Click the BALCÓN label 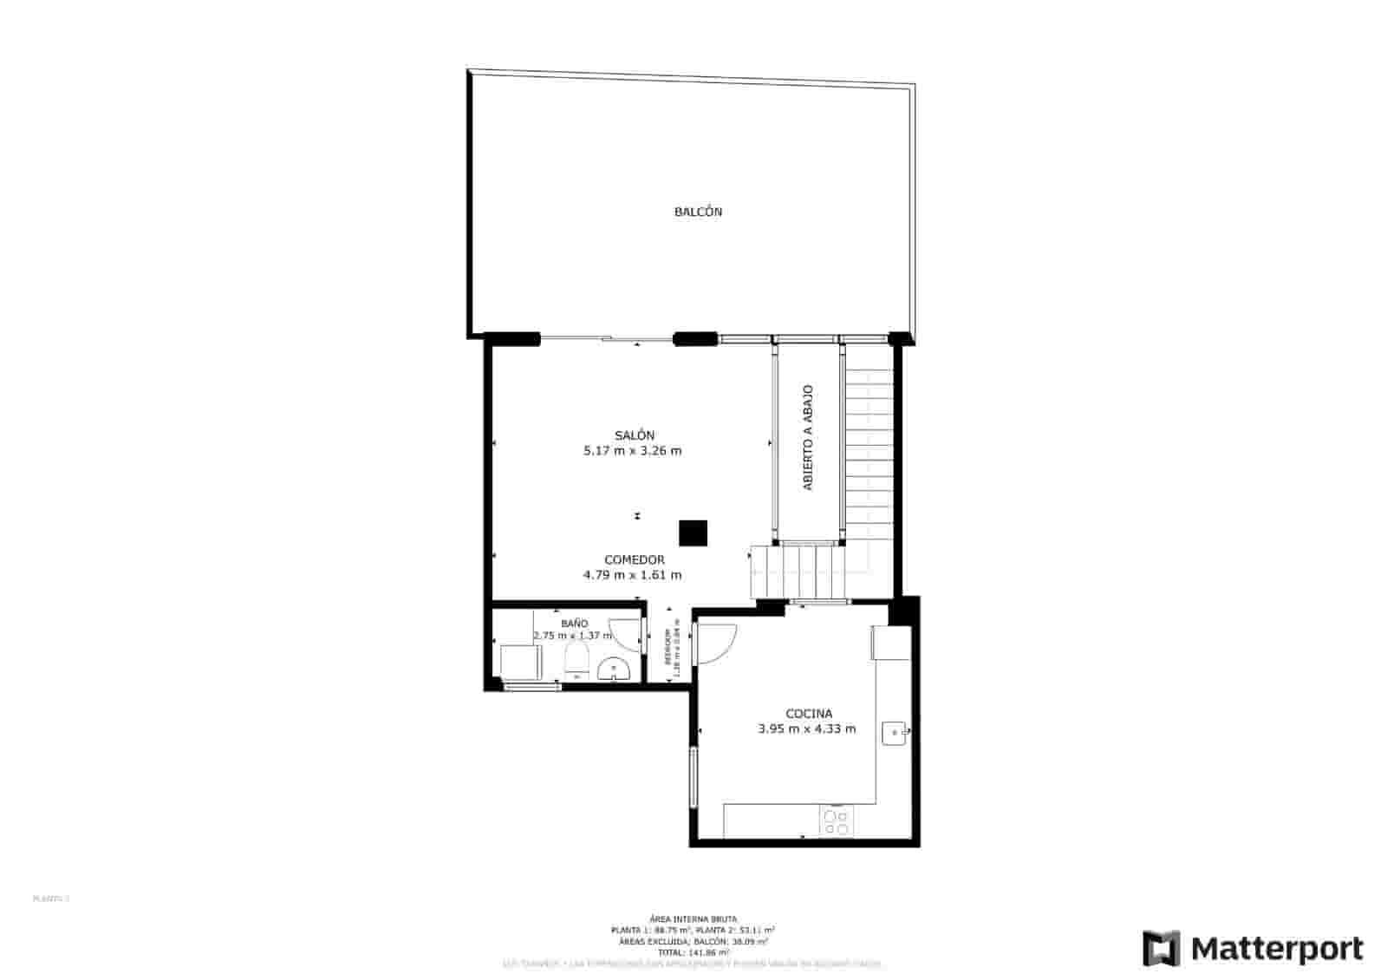698,212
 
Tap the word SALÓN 634,435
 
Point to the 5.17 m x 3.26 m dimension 633,451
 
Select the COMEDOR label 634,560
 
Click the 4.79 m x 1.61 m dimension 632,575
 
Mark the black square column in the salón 693,533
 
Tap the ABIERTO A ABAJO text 808,438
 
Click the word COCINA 808,714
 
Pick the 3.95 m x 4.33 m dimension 806,729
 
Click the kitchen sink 895,733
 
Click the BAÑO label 574,624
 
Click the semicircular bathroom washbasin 614,670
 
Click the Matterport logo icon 1161,948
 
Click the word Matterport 1277,949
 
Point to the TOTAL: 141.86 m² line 693,952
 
